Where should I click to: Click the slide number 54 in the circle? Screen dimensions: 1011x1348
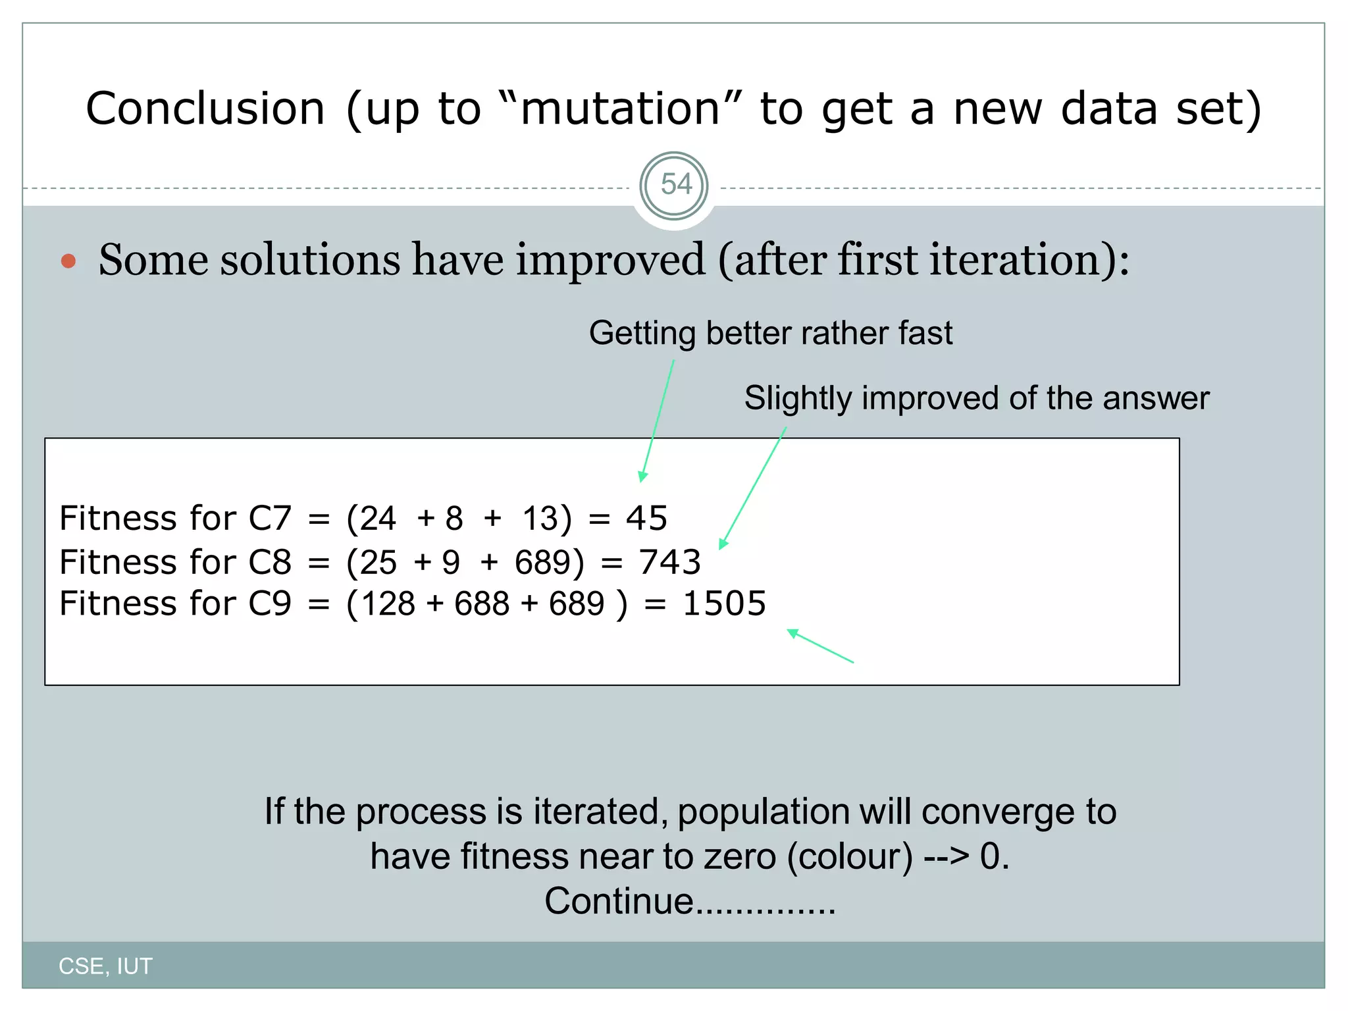pyautogui.click(x=675, y=184)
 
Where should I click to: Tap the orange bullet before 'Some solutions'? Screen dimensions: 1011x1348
pyautogui.click(x=68, y=261)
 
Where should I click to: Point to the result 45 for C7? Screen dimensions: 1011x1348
pyautogui.click(x=646, y=518)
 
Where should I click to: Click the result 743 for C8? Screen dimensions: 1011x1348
pyautogui.click(x=669, y=562)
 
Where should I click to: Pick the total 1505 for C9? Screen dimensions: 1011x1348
pyautogui.click(x=724, y=604)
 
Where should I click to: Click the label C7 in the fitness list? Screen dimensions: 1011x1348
pyautogui.click(x=269, y=518)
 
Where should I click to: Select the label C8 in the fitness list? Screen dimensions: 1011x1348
pyautogui.click(x=269, y=562)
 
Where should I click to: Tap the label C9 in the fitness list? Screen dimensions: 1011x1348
pyautogui.click(x=269, y=604)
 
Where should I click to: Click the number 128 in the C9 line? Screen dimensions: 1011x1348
pyautogui.click(x=388, y=604)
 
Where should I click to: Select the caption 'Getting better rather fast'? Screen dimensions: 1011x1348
pyautogui.click(x=770, y=333)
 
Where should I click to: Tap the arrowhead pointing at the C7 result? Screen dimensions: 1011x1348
pyautogui.click(x=643, y=477)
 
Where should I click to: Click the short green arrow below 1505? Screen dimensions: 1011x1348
pyautogui.click(x=819, y=646)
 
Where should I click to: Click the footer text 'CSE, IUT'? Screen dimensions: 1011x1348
pyautogui.click(x=105, y=966)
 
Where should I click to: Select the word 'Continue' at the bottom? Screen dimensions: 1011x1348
pyautogui.click(x=619, y=901)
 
